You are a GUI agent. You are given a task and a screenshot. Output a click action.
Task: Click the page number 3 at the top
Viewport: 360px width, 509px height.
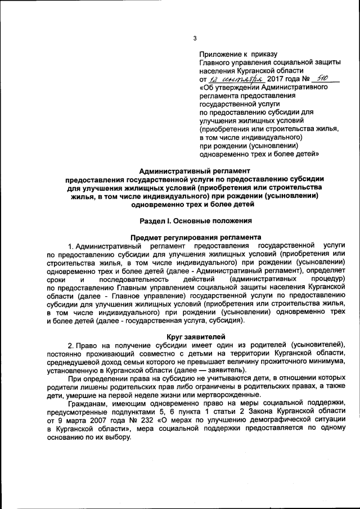click(195, 38)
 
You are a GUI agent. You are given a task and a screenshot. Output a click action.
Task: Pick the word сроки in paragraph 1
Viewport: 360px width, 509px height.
click(57, 280)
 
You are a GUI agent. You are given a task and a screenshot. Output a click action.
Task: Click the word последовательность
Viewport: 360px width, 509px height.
click(133, 280)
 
